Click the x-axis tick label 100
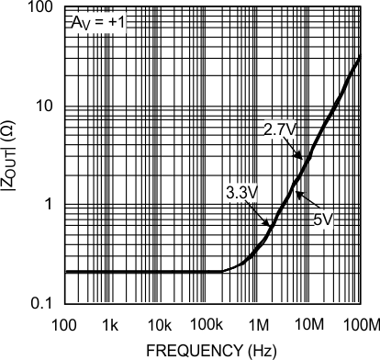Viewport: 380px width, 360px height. (x=63, y=326)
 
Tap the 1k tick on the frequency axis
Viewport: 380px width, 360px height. (x=111, y=326)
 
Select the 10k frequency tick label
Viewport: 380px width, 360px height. (x=161, y=326)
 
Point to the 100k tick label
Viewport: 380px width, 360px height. (x=209, y=326)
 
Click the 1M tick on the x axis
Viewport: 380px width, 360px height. (x=260, y=326)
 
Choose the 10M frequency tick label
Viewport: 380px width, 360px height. (x=309, y=326)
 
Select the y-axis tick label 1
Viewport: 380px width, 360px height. (x=50, y=205)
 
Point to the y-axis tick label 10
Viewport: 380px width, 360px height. (x=46, y=106)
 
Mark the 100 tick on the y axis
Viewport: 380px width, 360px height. (x=42, y=8)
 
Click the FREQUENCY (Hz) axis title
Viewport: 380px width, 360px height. (x=212, y=350)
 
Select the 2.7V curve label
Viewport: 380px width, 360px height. (x=279, y=129)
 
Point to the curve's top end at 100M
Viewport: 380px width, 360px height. (x=359, y=57)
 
